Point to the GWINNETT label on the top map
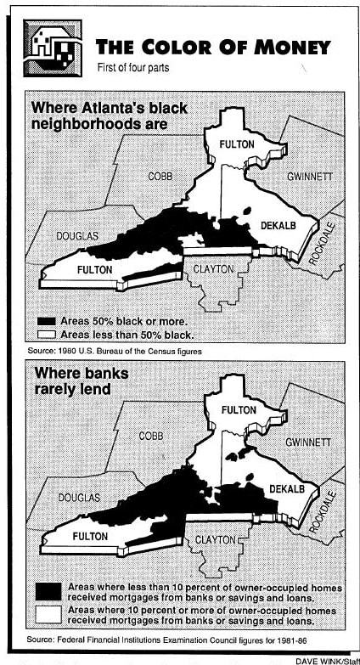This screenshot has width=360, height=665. (x=309, y=177)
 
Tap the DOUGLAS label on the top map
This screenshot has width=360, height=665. (x=77, y=235)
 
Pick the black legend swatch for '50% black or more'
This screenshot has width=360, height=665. (x=48, y=321)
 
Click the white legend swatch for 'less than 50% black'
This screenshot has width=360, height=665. (x=48, y=335)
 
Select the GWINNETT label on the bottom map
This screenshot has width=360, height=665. (x=309, y=443)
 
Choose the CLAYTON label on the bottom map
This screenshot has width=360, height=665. (x=214, y=538)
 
